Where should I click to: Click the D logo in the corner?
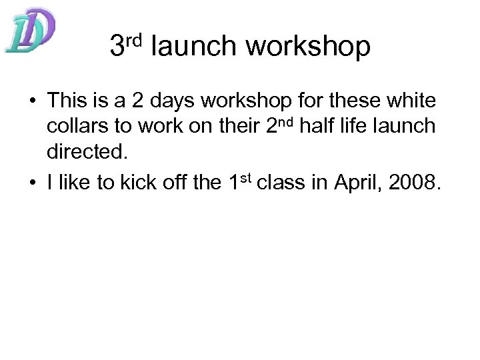(x=30, y=31)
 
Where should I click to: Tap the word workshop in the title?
(x=308, y=46)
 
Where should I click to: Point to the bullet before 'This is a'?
(x=31, y=101)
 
